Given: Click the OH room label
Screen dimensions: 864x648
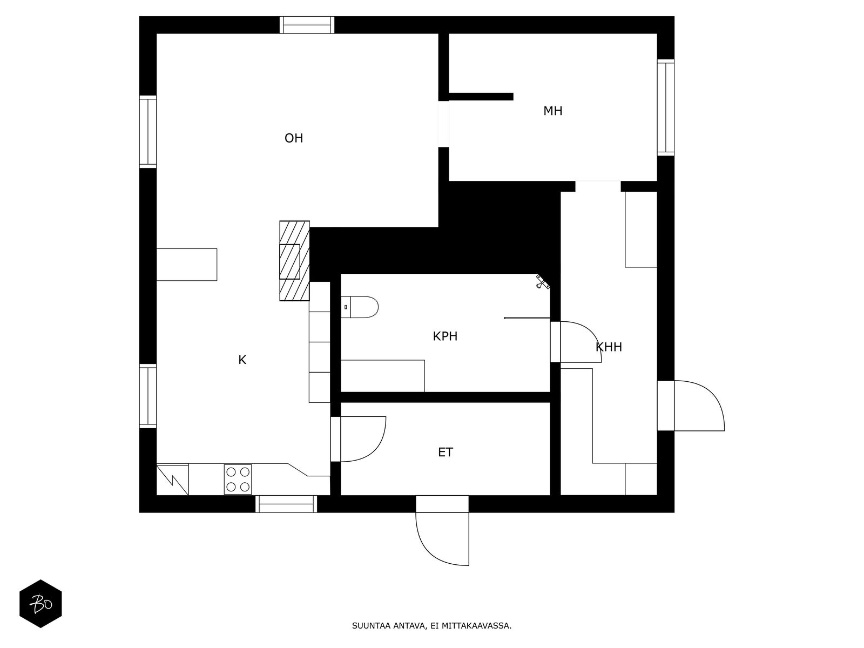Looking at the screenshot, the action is [x=294, y=138].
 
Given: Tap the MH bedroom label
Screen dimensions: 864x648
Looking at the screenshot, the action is [x=552, y=111].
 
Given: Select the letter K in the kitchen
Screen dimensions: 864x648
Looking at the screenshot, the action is [x=242, y=360].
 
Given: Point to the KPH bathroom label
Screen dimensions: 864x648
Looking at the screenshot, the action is [x=445, y=336].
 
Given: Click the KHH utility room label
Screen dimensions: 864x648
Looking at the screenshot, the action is [x=609, y=347].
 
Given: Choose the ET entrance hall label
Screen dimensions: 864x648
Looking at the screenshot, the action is [x=446, y=452].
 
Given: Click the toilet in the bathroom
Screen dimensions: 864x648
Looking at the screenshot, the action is [x=360, y=307].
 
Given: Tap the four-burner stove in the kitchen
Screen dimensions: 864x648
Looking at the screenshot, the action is [x=238, y=479].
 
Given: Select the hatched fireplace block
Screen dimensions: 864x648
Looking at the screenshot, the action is [x=294, y=261].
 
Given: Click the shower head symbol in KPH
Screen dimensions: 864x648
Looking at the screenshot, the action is [x=543, y=282].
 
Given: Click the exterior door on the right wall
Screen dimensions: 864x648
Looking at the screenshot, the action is [x=691, y=406].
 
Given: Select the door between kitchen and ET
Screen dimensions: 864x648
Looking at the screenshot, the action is [x=358, y=438].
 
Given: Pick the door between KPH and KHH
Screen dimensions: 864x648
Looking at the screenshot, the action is [x=576, y=341].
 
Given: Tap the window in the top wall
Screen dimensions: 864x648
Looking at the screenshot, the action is [x=307, y=25].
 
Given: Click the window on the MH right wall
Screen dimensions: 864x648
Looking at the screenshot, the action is [x=666, y=107].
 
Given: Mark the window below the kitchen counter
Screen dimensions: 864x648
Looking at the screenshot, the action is [x=286, y=504].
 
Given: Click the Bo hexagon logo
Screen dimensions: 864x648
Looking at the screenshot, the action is [x=40, y=604].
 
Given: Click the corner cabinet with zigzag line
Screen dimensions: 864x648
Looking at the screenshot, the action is [x=172, y=479].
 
